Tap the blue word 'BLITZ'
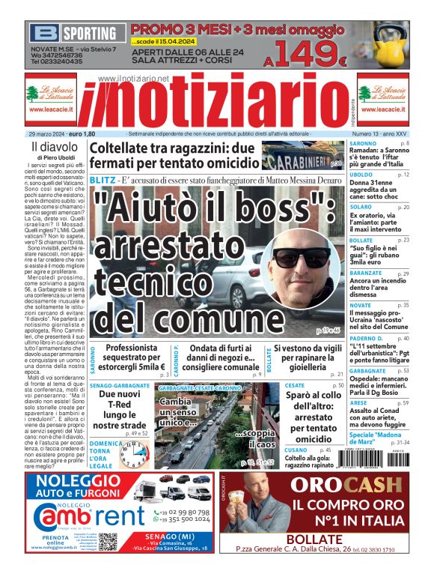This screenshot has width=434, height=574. tap(103, 181)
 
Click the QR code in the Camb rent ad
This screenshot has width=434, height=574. tap(108, 540)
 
